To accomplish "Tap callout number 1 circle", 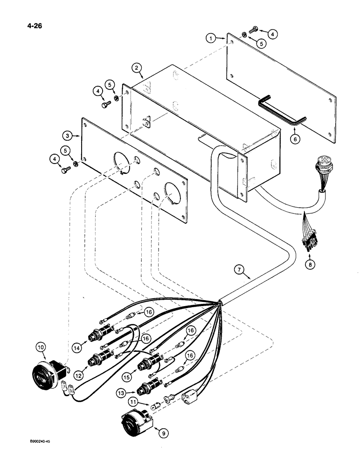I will (x=211, y=39).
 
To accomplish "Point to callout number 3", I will (x=68, y=136).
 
